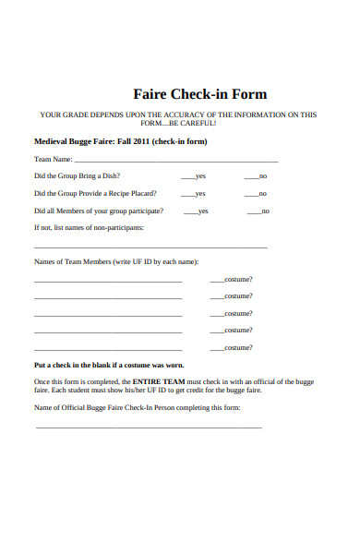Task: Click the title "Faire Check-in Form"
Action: pos(199,94)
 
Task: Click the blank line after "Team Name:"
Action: pos(175,161)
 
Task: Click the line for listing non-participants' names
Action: pos(150,247)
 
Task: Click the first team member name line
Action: pos(114,280)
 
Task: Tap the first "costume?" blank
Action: pos(217,280)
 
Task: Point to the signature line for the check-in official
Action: pos(148,427)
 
